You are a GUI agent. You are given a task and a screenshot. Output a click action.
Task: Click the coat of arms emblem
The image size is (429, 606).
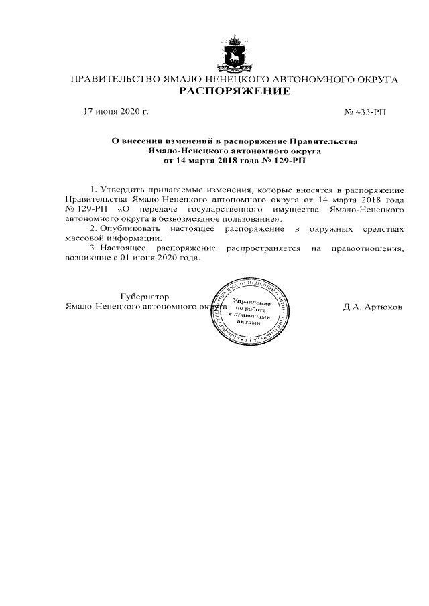234,53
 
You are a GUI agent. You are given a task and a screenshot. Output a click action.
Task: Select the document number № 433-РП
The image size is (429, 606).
365,112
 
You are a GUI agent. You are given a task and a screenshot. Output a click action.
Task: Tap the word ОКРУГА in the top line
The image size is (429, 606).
375,80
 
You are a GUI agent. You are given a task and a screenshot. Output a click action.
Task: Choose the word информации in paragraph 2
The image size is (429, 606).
134,238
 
